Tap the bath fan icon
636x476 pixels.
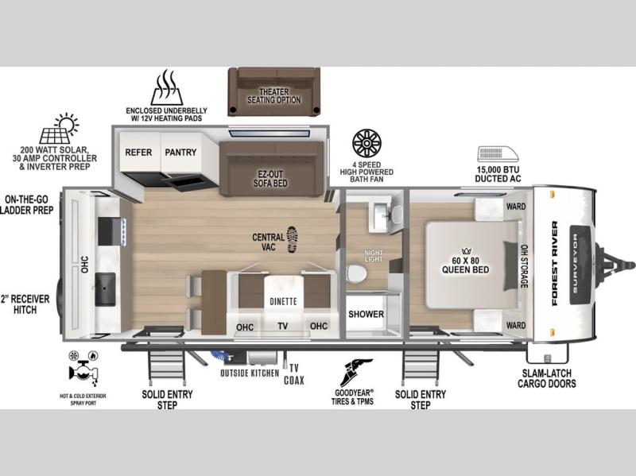point(366,144)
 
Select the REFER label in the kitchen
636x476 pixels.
point(138,153)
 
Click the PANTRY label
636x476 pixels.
point(180,153)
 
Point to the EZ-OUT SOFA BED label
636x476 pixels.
point(270,179)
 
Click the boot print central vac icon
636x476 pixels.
point(292,239)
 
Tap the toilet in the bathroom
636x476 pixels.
point(356,273)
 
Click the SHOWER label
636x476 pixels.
point(366,314)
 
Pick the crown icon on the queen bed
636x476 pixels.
point(466,251)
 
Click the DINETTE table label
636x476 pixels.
point(283,301)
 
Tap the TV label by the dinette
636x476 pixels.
point(283,326)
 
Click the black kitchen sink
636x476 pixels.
point(106,289)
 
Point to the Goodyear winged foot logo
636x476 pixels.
point(355,373)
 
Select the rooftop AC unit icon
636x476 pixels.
point(498,154)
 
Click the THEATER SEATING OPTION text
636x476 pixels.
point(274,96)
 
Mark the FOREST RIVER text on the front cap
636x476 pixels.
point(554,263)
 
